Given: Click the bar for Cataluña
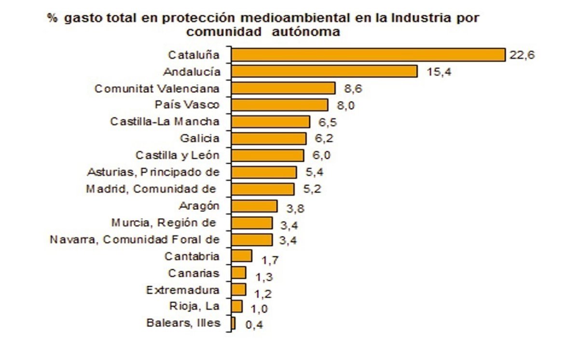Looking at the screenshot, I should (x=368, y=55).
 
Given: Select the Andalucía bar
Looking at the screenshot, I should (x=324, y=71).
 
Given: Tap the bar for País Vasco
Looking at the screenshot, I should (x=279, y=105).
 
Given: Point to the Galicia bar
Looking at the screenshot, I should (x=269, y=138).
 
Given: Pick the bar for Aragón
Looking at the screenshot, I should (x=254, y=206).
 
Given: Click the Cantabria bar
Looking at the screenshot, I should (x=242, y=256).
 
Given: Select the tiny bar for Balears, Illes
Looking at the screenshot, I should (x=234, y=323).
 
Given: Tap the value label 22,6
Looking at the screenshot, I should (x=522, y=55).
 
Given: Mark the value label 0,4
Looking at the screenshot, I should (x=254, y=325).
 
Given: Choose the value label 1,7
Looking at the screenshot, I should (x=270, y=260).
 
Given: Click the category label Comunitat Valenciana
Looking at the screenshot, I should (x=157, y=89).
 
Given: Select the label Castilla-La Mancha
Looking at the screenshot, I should (x=165, y=122).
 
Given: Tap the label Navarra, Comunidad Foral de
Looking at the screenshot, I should (x=135, y=239).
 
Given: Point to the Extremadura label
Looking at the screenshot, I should (x=183, y=290).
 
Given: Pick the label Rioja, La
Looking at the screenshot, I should (x=194, y=306).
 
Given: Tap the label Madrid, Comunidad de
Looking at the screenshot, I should (x=151, y=189).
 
